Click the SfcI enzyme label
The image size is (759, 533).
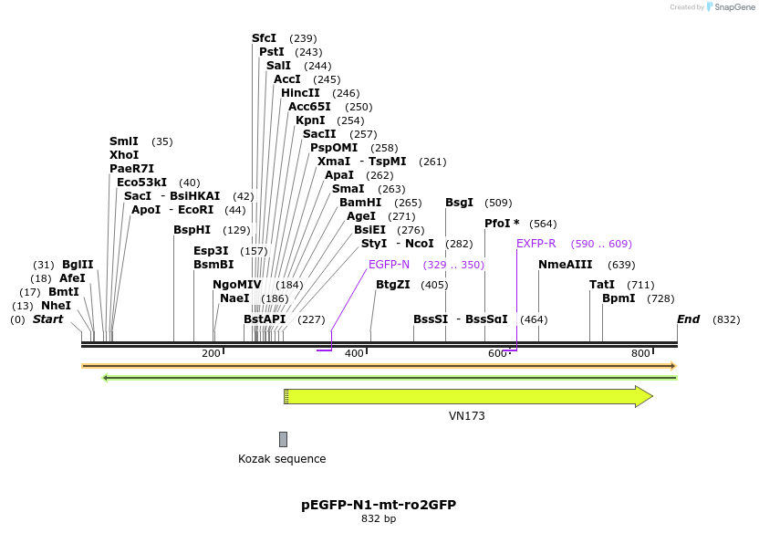pyautogui.click(x=264, y=38)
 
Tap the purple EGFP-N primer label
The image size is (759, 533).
pyautogui.click(x=390, y=265)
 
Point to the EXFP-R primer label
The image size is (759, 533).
pyautogui.click(x=536, y=245)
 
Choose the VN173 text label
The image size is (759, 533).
pyautogui.click(x=467, y=416)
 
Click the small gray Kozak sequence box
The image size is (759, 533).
pyautogui.click(x=283, y=439)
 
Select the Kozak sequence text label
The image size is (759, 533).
pyautogui.click(x=282, y=459)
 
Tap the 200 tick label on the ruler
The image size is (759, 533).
pyautogui.click(x=212, y=353)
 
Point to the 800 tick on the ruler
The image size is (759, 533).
pyautogui.click(x=640, y=353)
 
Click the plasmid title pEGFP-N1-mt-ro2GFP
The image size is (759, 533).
pyautogui.click(x=379, y=504)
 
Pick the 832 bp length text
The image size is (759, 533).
pyautogui.click(x=379, y=519)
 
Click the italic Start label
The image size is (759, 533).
pyautogui.click(x=48, y=319)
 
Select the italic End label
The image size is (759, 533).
pyautogui.click(x=688, y=319)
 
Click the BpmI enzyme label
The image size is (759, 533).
pyautogui.click(x=619, y=298)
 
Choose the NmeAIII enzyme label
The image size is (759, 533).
pyautogui.click(x=566, y=265)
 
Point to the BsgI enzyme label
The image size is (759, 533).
pyautogui.click(x=459, y=203)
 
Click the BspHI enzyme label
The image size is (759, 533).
pyautogui.click(x=192, y=230)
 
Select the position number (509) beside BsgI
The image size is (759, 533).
pyautogui.click(x=498, y=203)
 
